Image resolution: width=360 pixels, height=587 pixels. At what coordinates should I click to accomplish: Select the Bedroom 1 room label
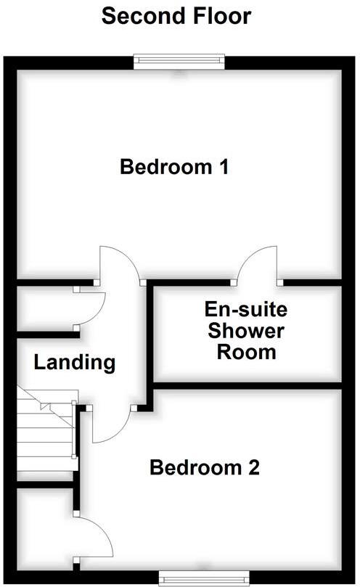pyautogui.click(x=175, y=168)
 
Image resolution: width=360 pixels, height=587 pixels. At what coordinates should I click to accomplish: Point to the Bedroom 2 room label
pyautogui.click(x=204, y=468)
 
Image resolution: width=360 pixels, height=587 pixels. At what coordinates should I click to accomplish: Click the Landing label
pyautogui.click(x=75, y=362)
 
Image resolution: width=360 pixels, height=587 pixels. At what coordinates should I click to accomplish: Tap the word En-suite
pyautogui.click(x=245, y=310)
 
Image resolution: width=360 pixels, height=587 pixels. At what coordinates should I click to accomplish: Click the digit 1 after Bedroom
pyautogui.click(x=224, y=168)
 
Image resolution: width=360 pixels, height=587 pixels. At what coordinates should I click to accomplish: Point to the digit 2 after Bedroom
pyautogui.click(x=253, y=468)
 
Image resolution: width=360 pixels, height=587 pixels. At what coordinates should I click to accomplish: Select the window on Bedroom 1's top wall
pyautogui.click(x=179, y=63)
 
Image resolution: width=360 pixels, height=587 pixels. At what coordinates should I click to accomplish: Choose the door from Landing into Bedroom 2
pyautogui.click(x=109, y=424)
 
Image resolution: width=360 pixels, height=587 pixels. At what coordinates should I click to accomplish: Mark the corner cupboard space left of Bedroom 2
pyautogui.click(x=42, y=526)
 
